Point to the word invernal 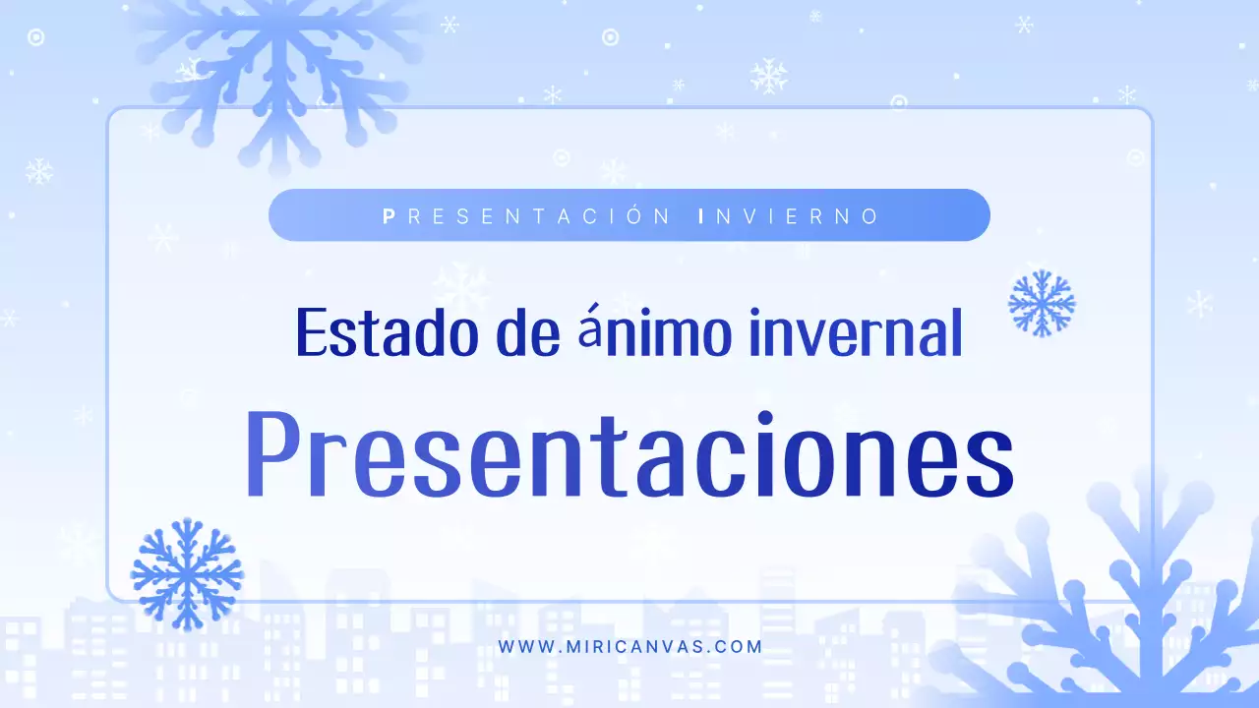(855, 332)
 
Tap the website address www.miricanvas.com (629, 647)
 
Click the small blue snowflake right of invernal (1042, 303)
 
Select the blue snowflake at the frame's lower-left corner (186, 573)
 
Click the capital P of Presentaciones (271, 454)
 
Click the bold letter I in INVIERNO (700, 215)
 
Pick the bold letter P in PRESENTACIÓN (389, 215)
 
